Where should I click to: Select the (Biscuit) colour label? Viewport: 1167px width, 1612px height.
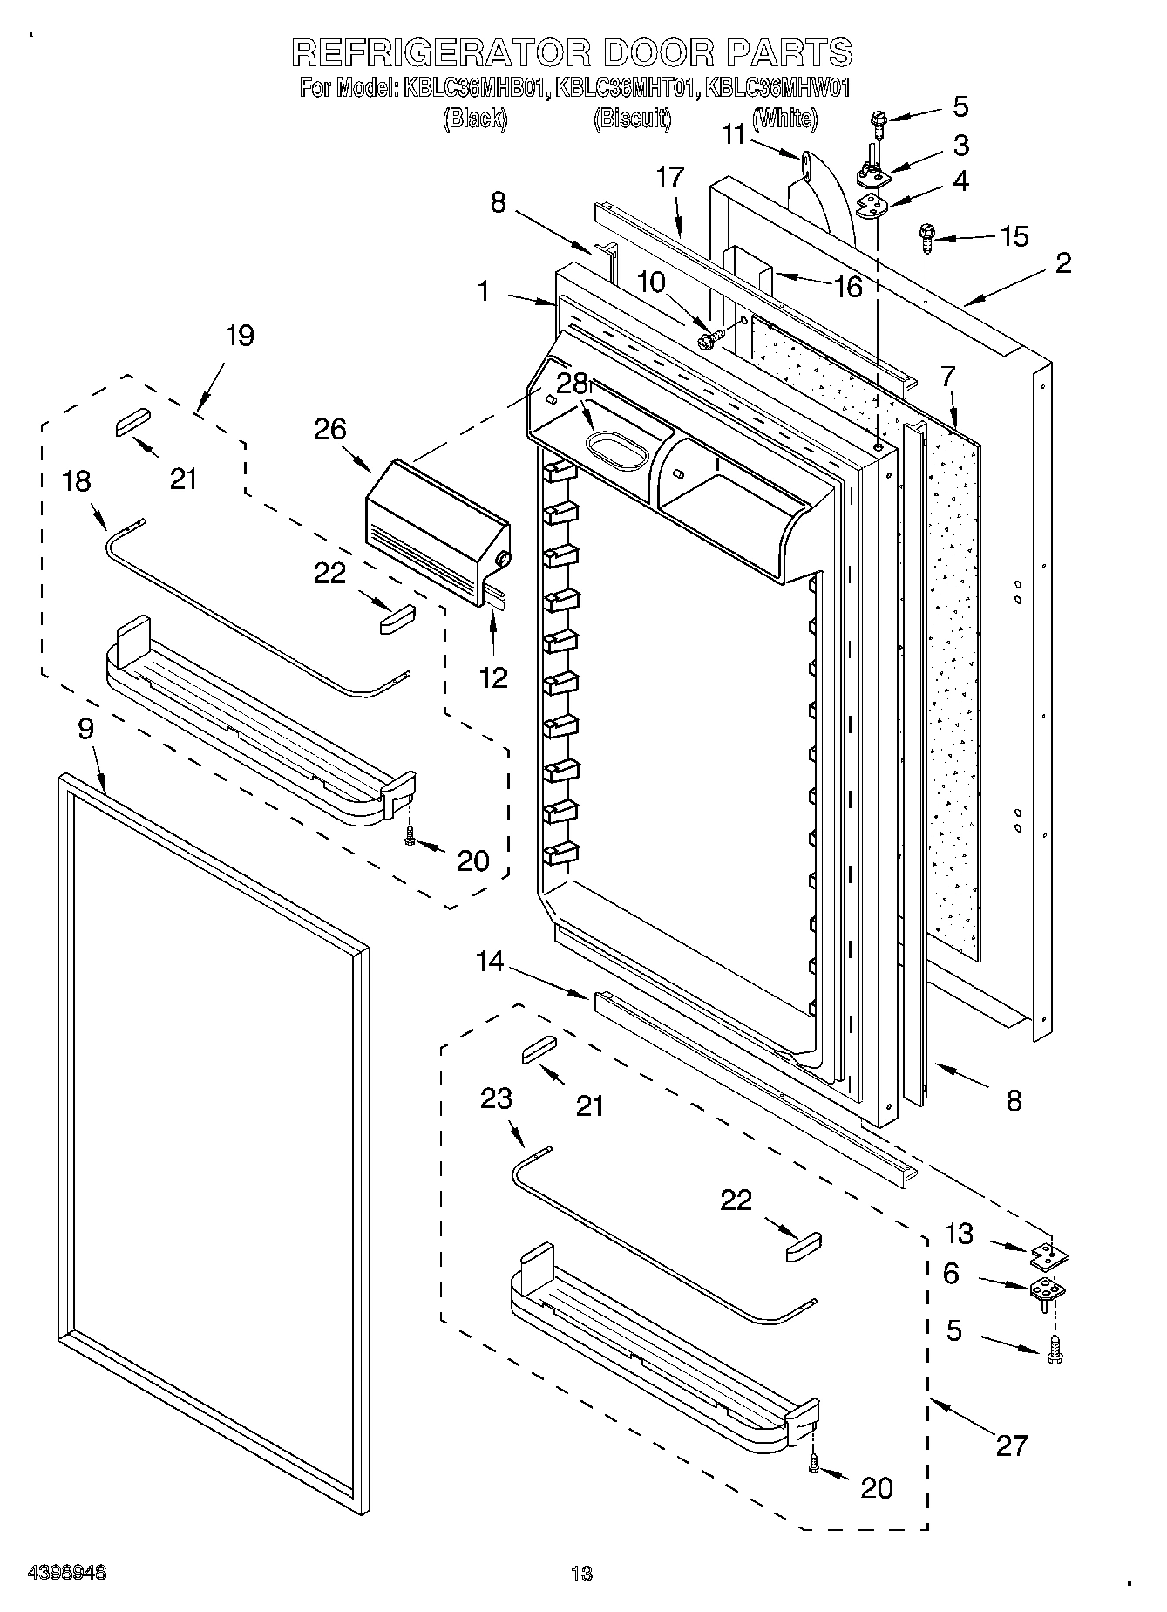tap(633, 119)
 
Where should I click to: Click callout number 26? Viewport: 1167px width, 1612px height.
tap(330, 429)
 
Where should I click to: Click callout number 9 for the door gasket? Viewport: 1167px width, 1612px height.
tap(85, 729)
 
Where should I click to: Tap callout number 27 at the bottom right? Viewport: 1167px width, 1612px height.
tap(1012, 1445)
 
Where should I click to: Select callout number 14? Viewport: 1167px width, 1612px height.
tap(490, 962)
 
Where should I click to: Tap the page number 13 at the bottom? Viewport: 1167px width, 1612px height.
tap(581, 1574)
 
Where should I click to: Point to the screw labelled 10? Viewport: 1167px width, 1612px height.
tap(711, 337)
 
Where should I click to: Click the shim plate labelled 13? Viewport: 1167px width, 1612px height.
tap(1049, 1255)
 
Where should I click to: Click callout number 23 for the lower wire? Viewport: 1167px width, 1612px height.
tap(496, 1098)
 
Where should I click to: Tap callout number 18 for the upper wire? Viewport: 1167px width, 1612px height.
tap(78, 480)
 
